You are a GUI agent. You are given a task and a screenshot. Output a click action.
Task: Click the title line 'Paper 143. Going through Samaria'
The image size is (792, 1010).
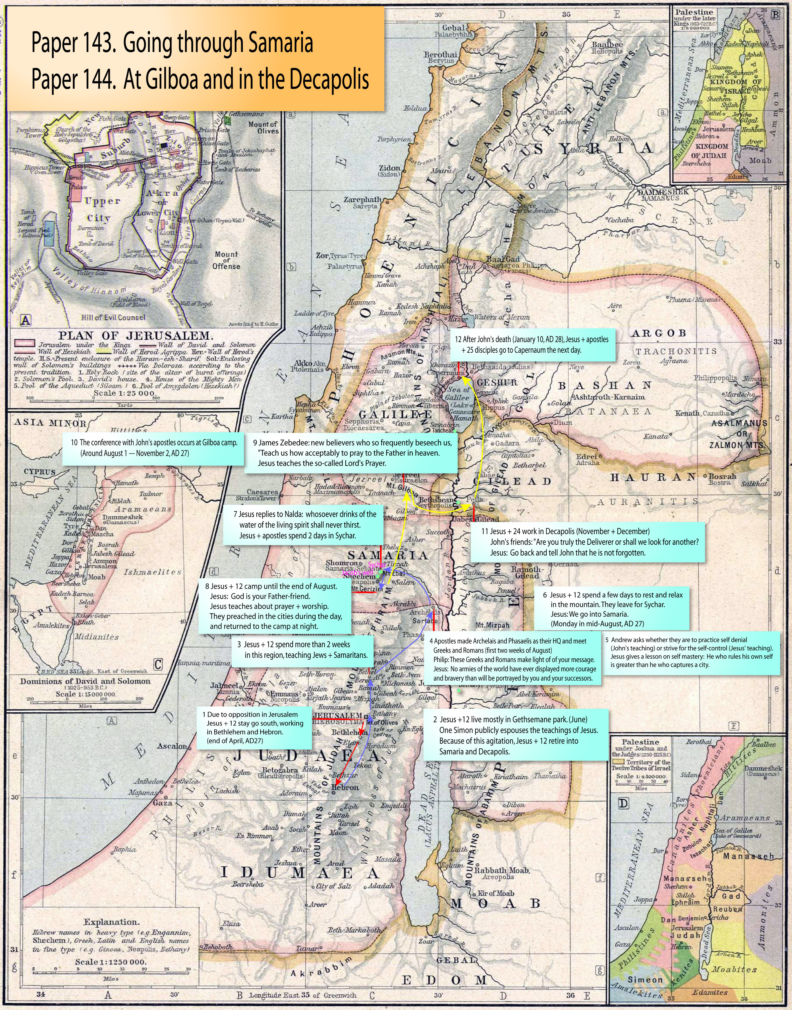(x=172, y=43)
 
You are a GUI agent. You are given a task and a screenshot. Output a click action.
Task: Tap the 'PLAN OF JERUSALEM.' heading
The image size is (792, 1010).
(x=135, y=336)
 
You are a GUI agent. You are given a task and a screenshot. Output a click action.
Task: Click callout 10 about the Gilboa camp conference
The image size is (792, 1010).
(x=154, y=447)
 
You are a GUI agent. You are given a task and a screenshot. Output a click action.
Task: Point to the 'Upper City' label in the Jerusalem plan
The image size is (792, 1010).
(x=102, y=209)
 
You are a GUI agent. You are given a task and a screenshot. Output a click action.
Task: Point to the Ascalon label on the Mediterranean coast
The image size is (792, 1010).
(x=172, y=746)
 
